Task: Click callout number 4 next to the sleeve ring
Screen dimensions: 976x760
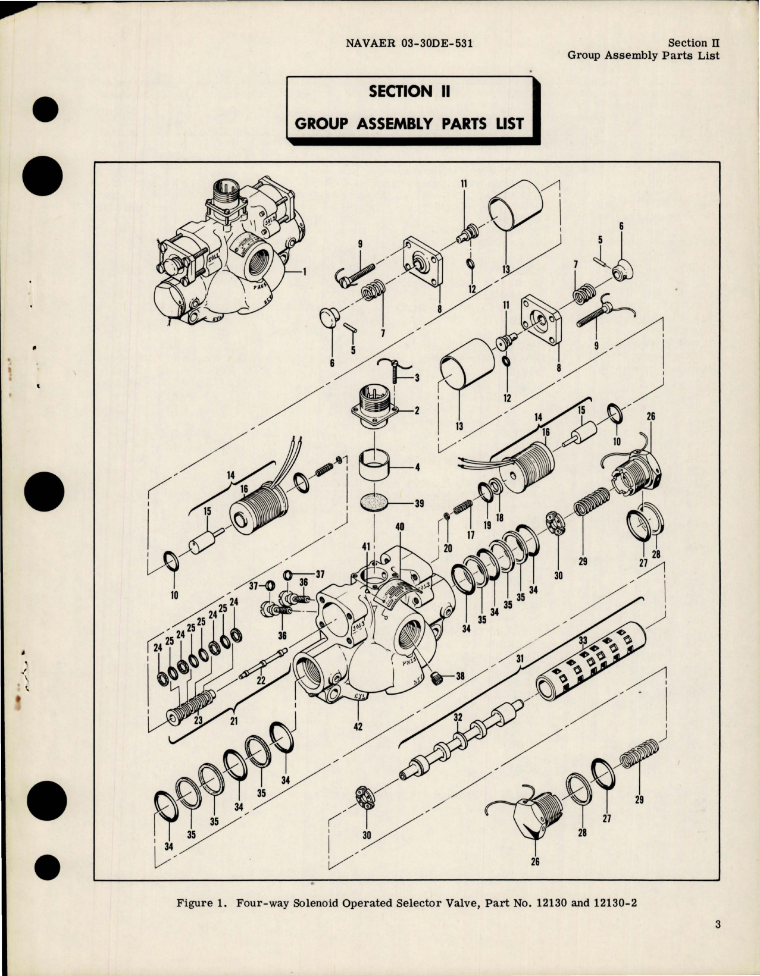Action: (417, 467)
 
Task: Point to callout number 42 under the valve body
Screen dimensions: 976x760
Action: (358, 726)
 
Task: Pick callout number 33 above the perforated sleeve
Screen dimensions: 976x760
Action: (583, 641)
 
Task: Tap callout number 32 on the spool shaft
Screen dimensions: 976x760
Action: (457, 717)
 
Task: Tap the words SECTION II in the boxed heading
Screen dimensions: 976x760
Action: (409, 92)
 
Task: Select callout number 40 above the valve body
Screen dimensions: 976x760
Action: (399, 527)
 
